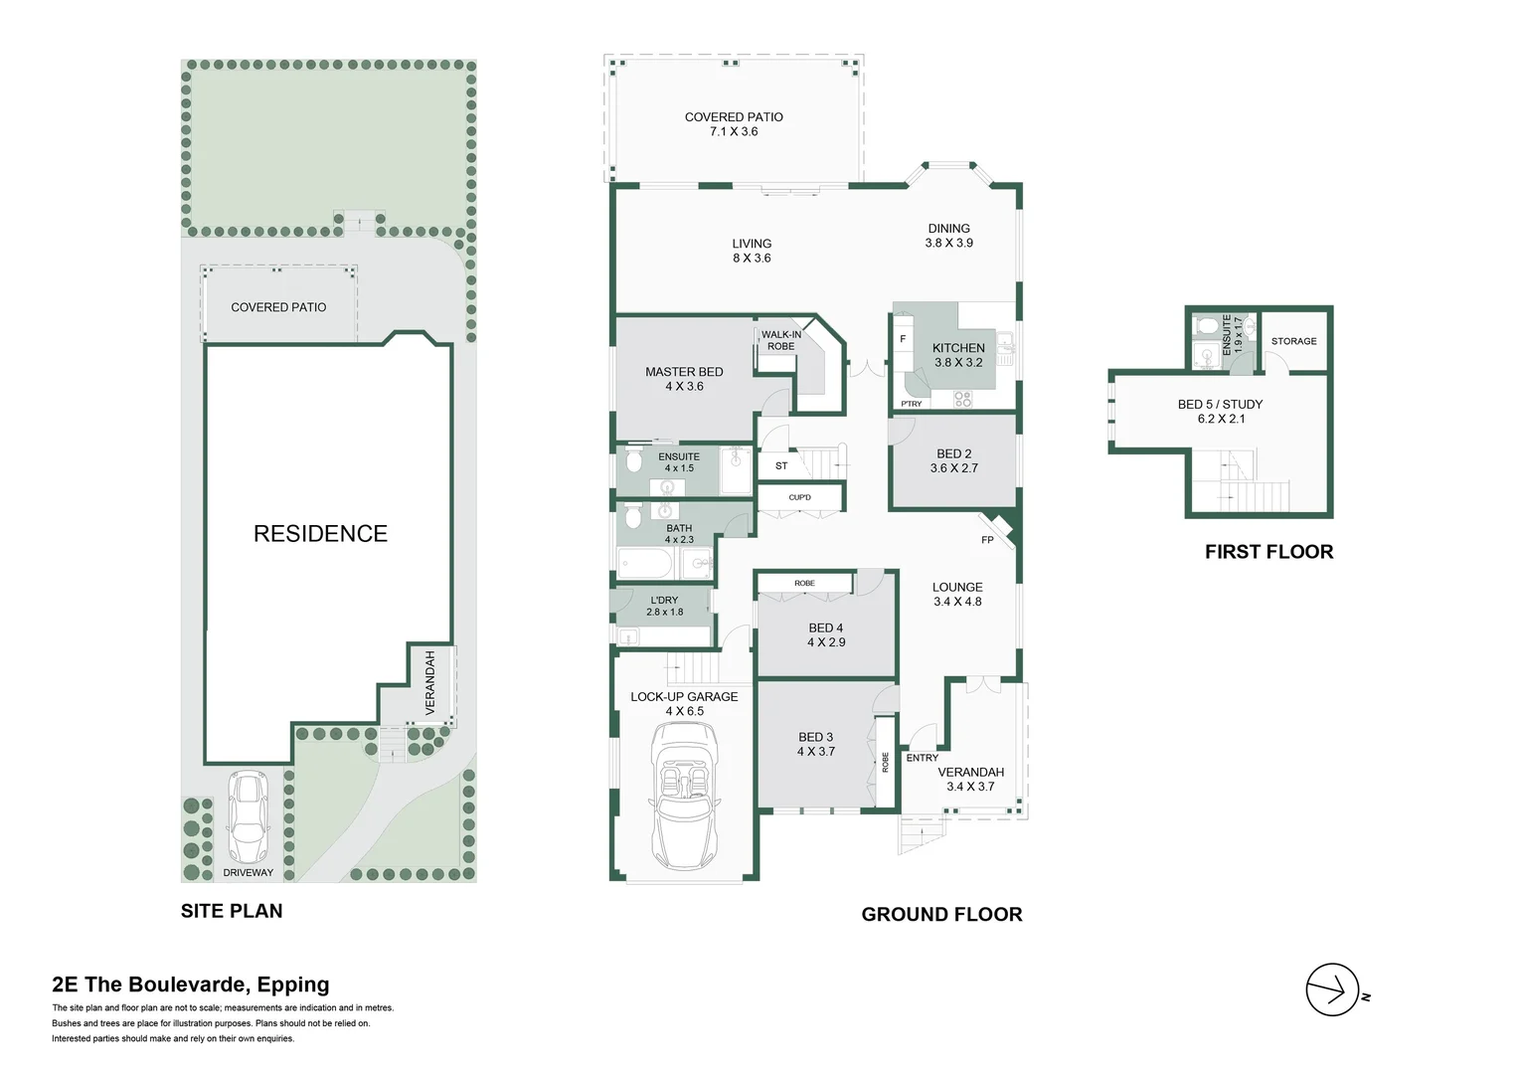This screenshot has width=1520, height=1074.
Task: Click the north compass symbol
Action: point(1332,989)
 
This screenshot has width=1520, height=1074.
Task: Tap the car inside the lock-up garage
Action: point(685,796)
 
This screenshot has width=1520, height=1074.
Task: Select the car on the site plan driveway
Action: point(248,816)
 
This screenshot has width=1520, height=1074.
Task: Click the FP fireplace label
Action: point(987,540)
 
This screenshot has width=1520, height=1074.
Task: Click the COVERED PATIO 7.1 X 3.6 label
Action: point(734,124)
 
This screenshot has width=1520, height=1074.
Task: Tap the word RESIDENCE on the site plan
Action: point(320,534)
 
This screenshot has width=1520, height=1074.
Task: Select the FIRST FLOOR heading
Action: point(1268,552)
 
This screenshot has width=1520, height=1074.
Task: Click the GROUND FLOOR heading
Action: point(941,914)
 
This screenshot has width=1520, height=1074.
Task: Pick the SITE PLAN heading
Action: point(232,911)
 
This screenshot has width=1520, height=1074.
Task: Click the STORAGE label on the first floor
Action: point(1293,341)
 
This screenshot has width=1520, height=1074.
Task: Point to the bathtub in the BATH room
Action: point(646,565)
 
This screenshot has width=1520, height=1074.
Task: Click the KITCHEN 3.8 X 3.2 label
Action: point(958,355)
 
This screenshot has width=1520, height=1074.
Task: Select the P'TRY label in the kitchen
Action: point(912,404)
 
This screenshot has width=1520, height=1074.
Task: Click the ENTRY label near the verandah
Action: point(922,758)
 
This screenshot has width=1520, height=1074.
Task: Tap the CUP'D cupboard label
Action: point(799,497)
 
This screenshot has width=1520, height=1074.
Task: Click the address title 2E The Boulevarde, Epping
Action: point(191,984)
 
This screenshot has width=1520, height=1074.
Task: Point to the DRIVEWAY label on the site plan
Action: point(248,873)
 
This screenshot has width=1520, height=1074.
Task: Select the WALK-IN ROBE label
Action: point(780,340)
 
